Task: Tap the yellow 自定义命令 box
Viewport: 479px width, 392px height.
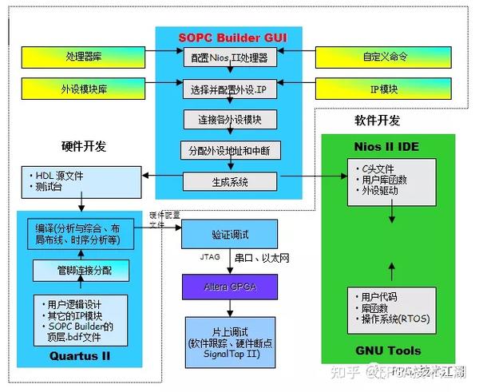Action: (x=385, y=57)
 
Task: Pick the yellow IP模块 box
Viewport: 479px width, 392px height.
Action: (x=385, y=89)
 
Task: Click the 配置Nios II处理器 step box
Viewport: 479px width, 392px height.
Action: (x=228, y=57)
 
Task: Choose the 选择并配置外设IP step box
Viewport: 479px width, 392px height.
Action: (x=228, y=89)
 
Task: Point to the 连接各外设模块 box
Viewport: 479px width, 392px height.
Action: (x=228, y=121)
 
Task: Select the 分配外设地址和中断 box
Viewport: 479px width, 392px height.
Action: (x=228, y=150)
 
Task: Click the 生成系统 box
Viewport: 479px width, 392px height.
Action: (x=228, y=181)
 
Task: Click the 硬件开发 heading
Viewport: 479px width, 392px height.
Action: (x=83, y=146)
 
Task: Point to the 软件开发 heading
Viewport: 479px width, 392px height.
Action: (x=377, y=121)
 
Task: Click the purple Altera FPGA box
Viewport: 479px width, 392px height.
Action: (x=230, y=286)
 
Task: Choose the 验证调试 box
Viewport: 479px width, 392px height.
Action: (x=230, y=235)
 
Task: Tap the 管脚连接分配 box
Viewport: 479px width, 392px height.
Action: (x=81, y=270)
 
